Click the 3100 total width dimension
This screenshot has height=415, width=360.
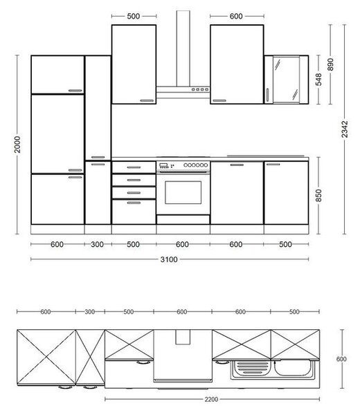pyautogui.click(x=169, y=259)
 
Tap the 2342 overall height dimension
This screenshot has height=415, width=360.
pyautogui.click(x=344, y=129)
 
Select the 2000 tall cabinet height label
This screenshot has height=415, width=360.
pyautogui.click(x=17, y=145)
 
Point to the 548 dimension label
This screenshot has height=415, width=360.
pyautogui.click(x=318, y=80)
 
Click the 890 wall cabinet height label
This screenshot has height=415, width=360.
pyautogui.click(x=330, y=64)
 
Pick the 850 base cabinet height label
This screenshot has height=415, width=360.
pyautogui.click(x=318, y=195)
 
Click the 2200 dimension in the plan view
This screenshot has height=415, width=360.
pyautogui.click(x=211, y=399)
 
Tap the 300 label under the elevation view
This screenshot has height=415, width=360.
pyautogui.click(x=97, y=244)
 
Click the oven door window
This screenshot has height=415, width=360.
pyautogui.click(x=183, y=192)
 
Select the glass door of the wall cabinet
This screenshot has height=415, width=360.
pyautogui.click(x=286, y=80)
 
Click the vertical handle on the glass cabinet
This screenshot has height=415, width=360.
pyautogui.click(x=267, y=95)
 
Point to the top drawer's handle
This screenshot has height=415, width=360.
pyautogui.click(x=134, y=167)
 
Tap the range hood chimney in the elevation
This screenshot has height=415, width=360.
pyautogui.click(x=183, y=48)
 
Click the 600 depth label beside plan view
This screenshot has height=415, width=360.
pyautogui.click(x=341, y=359)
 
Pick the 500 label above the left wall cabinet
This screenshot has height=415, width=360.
pyautogui.click(x=133, y=16)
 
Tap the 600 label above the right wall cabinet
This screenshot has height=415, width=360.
pyautogui.click(x=236, y=16)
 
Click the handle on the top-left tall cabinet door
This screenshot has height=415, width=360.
pyautogui.click(x=75, y=91)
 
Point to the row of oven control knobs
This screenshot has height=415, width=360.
pyautogui.click(x=196, y=165)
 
